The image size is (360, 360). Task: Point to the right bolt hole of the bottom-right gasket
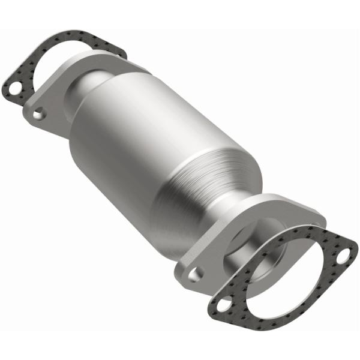[343, 257]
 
